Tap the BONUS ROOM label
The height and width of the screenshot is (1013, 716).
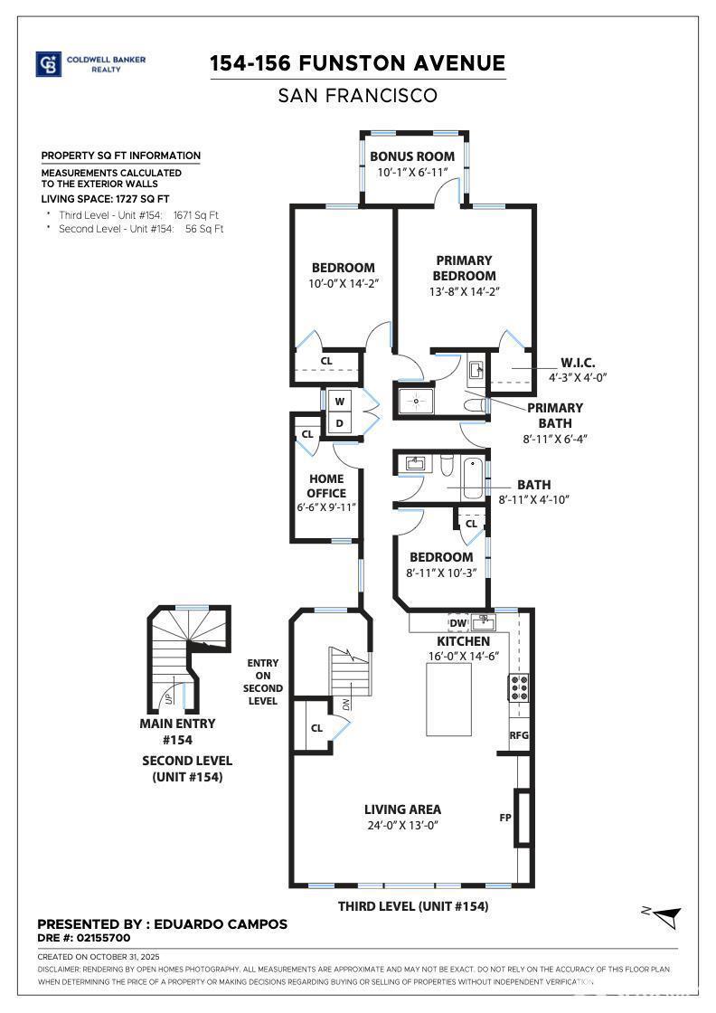411,156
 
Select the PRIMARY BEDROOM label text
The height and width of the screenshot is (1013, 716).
464,268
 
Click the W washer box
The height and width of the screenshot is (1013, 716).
340,401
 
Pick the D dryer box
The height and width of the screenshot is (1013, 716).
340,422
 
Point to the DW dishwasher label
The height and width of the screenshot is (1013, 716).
457,622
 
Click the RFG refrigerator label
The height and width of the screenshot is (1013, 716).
519,735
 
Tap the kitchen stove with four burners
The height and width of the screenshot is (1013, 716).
520,689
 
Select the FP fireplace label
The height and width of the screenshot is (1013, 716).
504,817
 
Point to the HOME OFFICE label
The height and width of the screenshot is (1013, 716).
326,486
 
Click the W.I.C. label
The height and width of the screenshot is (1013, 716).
577,363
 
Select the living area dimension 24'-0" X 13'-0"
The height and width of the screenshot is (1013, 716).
402,825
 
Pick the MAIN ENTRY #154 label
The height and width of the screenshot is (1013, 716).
177,730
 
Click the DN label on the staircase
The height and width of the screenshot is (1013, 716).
346,703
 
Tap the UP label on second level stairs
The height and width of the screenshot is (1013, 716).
168,698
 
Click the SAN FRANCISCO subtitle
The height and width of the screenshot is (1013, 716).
358,95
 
